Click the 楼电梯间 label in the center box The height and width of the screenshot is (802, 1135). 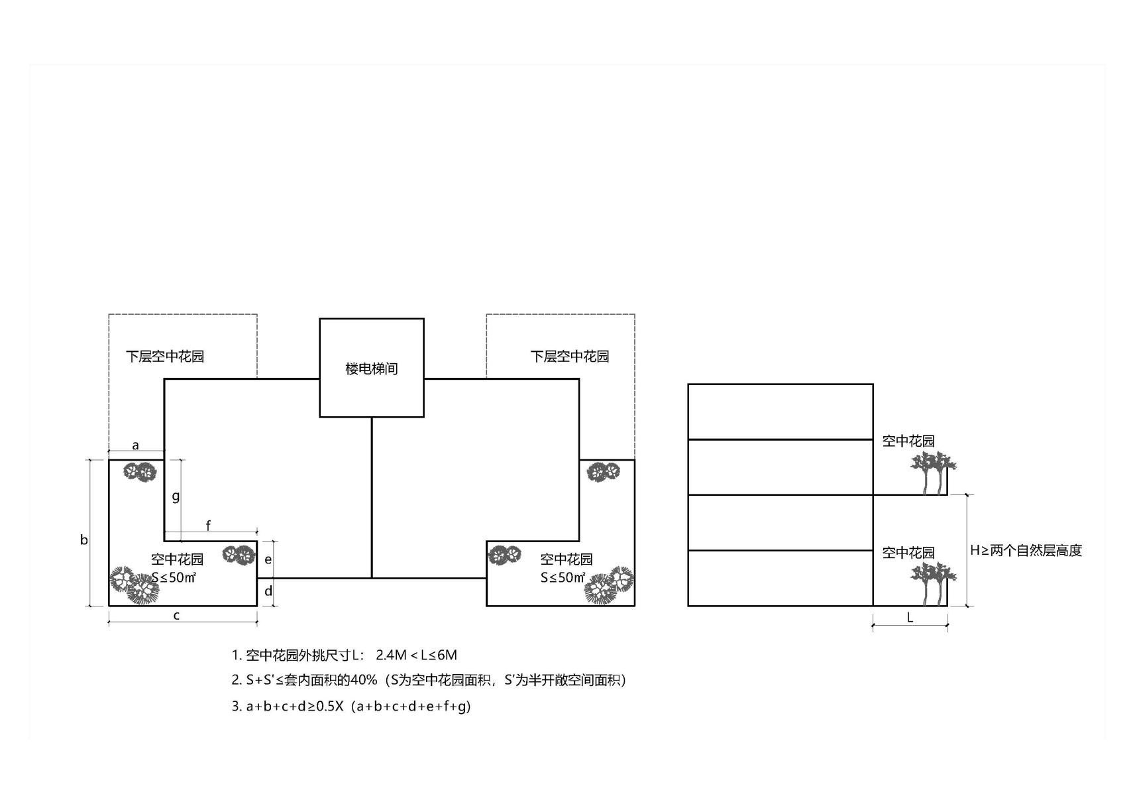(371, 369)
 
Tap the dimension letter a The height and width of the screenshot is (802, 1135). (135, 445)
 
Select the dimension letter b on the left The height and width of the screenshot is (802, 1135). (84, 540)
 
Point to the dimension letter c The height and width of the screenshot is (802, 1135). (176, 615)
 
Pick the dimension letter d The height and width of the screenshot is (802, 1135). (268, 591)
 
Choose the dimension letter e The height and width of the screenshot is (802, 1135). (268, 559)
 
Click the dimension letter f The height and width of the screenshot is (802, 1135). (208, 526)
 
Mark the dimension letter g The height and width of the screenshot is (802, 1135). (176, 495)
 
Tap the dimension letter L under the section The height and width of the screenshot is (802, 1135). (910, 617)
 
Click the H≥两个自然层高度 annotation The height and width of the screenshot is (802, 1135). (1026, 550)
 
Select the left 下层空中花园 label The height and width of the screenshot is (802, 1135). (165, 356)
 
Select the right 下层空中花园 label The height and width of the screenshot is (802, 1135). (569, 356)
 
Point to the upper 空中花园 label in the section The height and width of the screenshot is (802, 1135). (908, 441)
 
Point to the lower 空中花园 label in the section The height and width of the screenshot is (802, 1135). (908, 552)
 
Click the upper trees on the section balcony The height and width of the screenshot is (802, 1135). (933, 472)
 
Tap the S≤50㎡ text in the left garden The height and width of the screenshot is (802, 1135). (174, 577)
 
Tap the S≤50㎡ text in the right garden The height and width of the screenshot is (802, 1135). (563, 577)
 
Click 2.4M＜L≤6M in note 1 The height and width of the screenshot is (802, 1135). (416, 655)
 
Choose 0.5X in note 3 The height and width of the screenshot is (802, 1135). (329, 706)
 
